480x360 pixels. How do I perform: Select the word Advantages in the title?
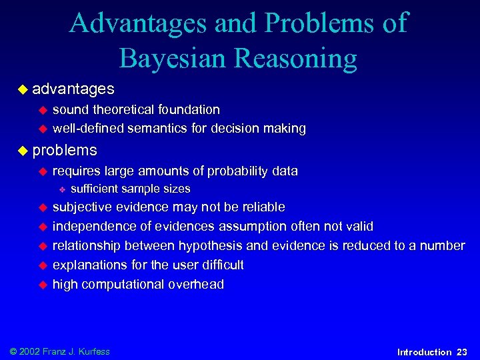click(139, 23)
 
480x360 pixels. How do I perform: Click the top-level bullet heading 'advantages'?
click(73, 89)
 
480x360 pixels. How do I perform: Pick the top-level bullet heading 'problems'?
click(65, 150)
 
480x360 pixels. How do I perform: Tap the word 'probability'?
click(239, 171)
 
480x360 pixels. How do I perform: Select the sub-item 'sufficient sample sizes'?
click(130, 189)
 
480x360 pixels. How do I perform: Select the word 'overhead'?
click(197, 284)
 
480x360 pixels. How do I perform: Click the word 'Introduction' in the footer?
click(423, 351)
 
